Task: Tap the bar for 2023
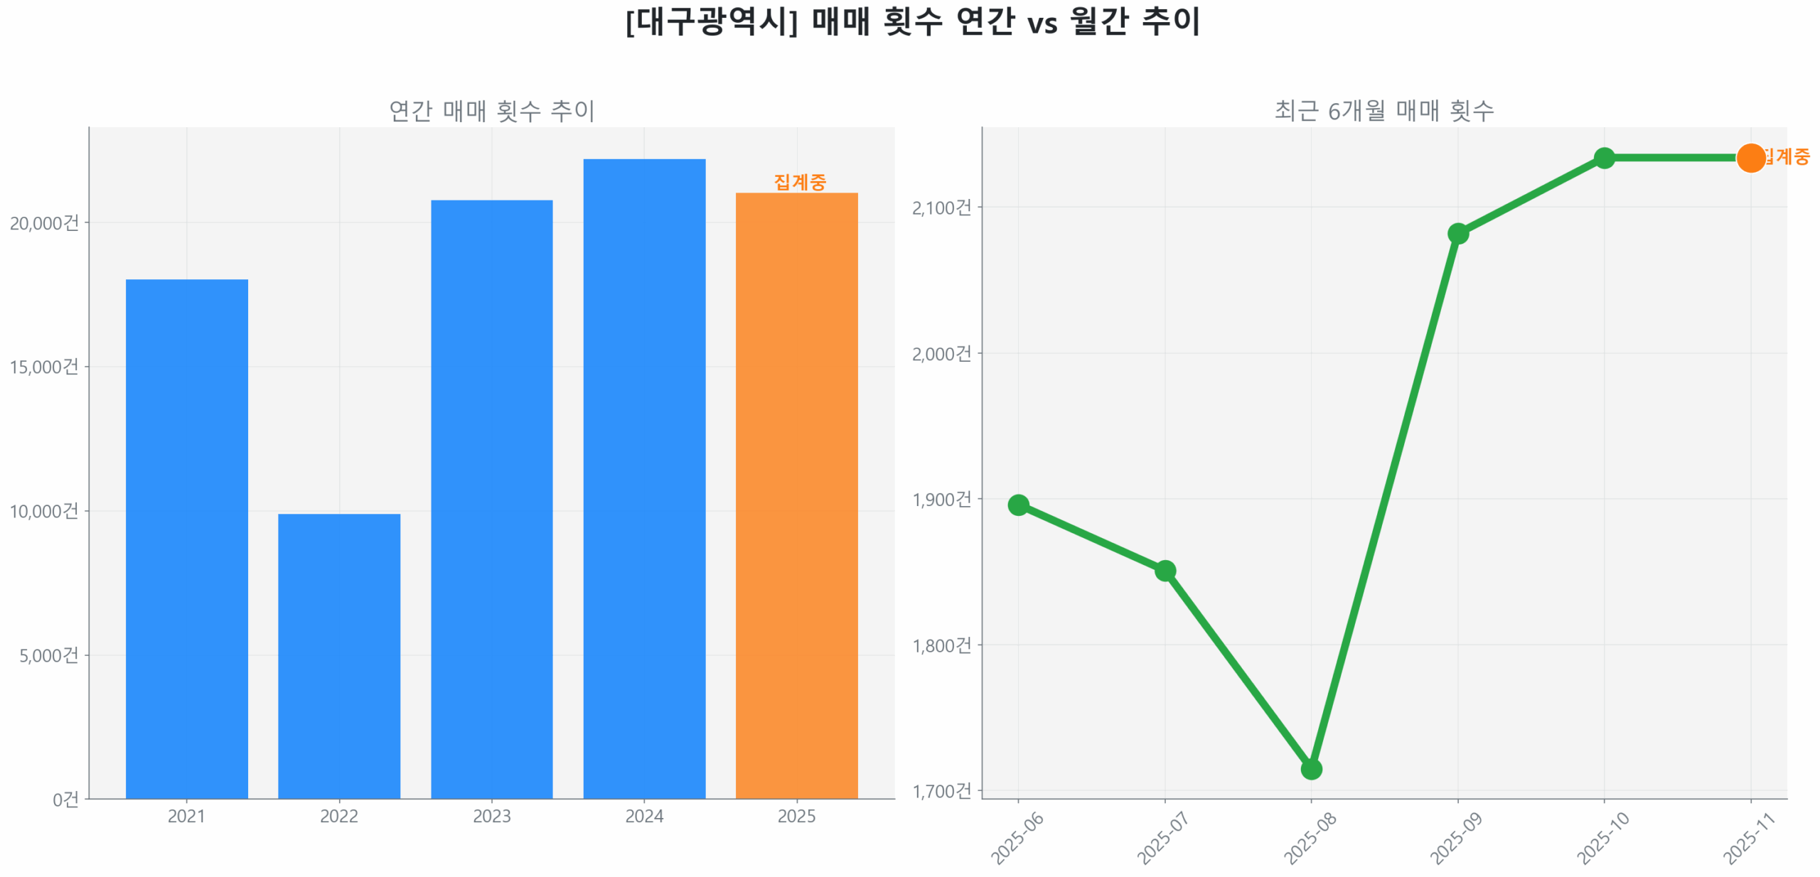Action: (491, 497)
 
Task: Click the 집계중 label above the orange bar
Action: (799, 182)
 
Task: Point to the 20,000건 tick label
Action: (44, 222)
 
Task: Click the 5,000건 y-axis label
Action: (48, 655)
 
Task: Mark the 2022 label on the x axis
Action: (338, 816)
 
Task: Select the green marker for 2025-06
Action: (1018, 505)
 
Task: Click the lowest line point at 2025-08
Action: (1311, 769)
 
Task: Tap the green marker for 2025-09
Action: (1457, 233)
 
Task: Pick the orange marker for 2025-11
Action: (1750, 158)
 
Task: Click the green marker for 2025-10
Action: (1604, 158)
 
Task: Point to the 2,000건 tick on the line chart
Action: (941, 353)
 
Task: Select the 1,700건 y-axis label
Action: (941, 790)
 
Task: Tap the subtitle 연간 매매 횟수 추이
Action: (491, 111)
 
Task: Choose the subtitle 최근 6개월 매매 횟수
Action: (1383, 111)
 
